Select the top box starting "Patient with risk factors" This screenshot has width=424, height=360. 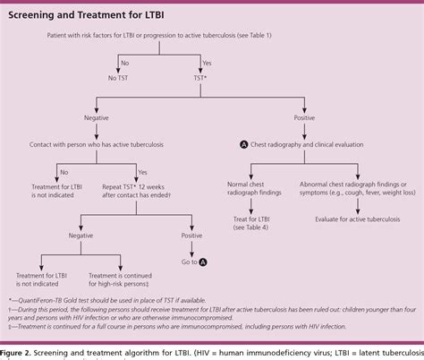point(155,35)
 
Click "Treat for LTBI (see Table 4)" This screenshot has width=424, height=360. point(246,224)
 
